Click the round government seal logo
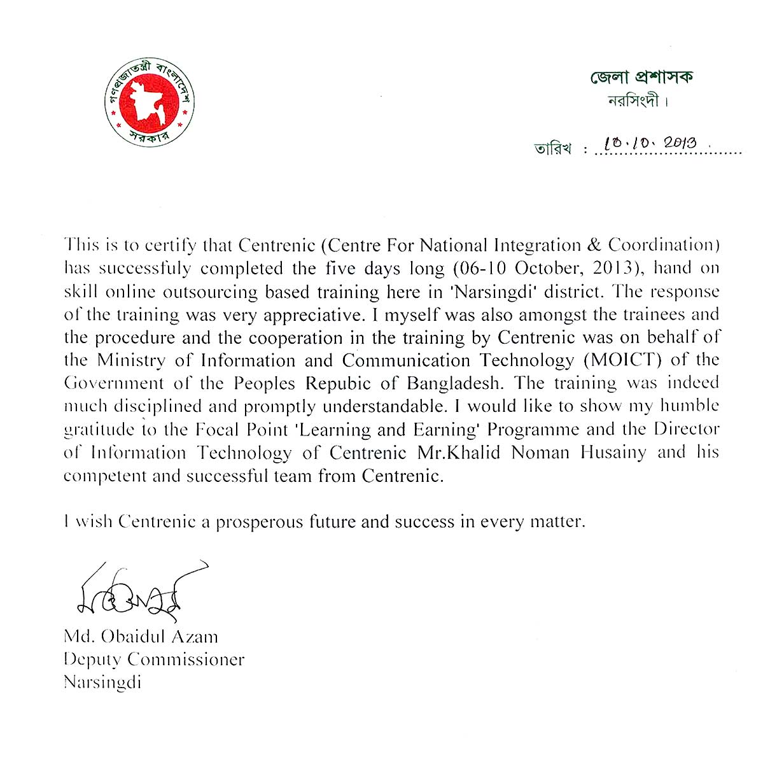[x=150, y=102]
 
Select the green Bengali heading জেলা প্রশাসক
[x=641, y=77]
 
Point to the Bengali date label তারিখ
[x=552, y=149]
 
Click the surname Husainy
[x=613, y=453]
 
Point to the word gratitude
[x=99, y=430]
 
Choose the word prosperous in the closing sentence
[x=260, y=522]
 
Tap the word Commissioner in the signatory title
[x=186, y=660]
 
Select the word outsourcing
[x=211, y=292]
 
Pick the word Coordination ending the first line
[x=664, y=245]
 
